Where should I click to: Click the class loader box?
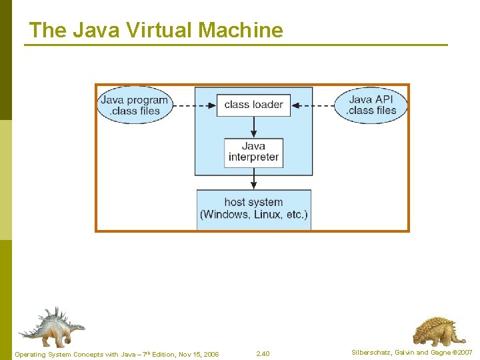click(253, 105)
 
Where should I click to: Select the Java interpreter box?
click(253, 152)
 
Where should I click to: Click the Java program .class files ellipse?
click(135, 105)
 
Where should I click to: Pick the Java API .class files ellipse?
click(372, 105)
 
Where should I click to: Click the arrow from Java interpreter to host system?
click(253, 179)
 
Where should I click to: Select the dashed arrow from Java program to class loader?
click(193, 105)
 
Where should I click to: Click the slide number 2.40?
click(263, 353)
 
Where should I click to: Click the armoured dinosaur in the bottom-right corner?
click(439, 331)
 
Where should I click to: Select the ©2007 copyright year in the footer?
click(461, 353)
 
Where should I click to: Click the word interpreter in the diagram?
click(253, 158)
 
